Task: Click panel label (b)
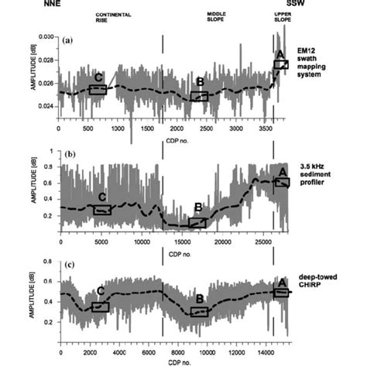68,156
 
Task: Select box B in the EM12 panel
200,96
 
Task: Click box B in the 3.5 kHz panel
198,223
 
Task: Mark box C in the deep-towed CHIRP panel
100,307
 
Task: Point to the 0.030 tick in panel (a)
46,37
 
